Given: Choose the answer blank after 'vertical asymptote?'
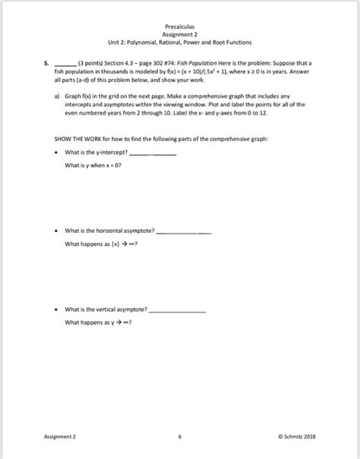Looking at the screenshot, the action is (x=178, y=311).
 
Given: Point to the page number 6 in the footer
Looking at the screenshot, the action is (x=179, y=436).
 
